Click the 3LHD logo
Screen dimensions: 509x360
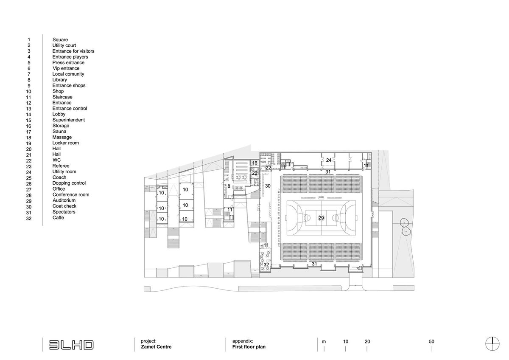pos(71,345)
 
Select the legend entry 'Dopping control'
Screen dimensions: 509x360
pos(69,183)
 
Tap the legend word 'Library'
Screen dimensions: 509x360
pos(60,80)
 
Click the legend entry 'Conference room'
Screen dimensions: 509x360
pos(71,195)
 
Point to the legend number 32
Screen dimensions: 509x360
pos(29,219)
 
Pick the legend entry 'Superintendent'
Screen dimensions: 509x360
pos(69,120)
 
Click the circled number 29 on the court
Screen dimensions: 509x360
pos(321,218)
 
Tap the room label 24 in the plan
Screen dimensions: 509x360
pos(329,160)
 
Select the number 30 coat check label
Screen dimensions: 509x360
pos(268,186)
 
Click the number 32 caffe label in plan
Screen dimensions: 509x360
pos(266,264)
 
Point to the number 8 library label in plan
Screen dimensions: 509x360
pos(229,186)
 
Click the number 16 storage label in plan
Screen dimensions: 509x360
pos(255,163)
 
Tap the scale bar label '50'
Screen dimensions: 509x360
pos(431,342)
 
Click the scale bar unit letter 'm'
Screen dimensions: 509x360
pos(324,342)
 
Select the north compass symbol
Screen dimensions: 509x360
pos(492,343)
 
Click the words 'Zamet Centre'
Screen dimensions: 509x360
pos(156,347)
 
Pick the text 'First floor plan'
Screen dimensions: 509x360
pos(249,347)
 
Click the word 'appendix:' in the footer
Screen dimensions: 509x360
pos(243,341)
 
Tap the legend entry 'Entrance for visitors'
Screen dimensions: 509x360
pos(73,51)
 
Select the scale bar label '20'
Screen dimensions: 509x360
pos(367,342)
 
